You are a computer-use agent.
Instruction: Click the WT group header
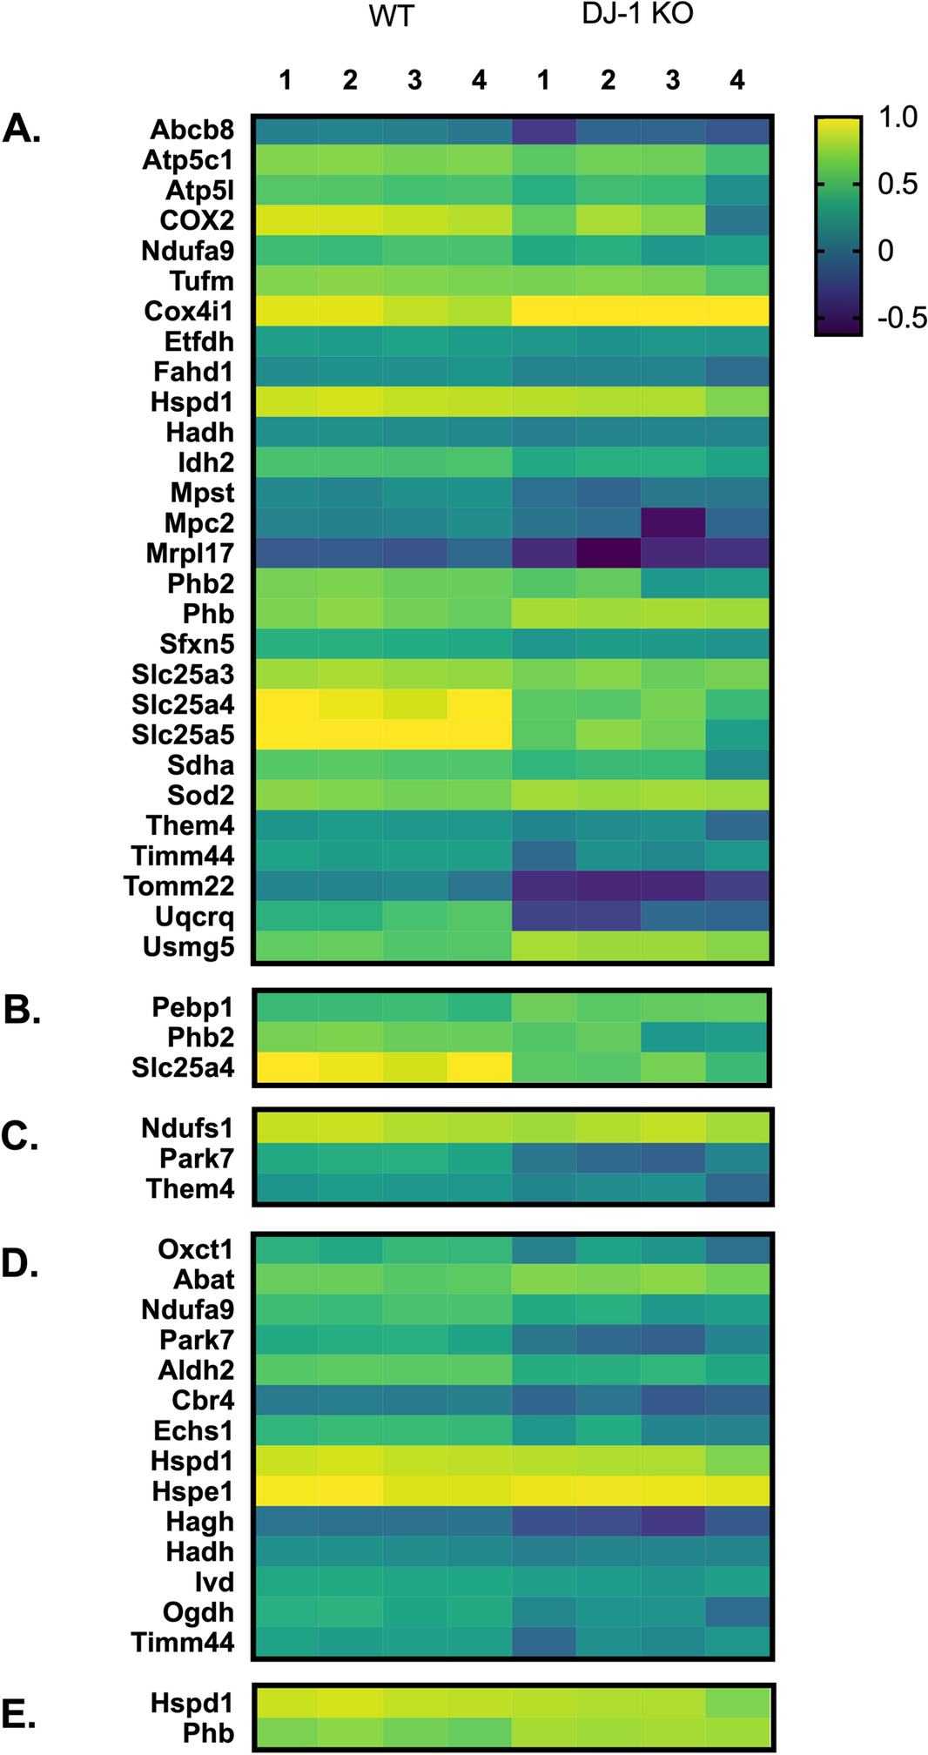(x=392, y=17)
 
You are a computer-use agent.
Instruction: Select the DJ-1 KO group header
(x=638, y=15)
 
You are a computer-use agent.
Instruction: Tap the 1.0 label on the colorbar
(x=898, y=118)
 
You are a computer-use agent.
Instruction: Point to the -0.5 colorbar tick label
(x=901, y=319)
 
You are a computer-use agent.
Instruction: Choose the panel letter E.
(x=19, y=1715)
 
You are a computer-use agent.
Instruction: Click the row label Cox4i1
(x=189, y=312)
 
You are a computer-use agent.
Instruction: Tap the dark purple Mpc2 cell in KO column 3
(x=673, y=523)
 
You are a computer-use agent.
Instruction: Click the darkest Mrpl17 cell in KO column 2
(x=609, y=554)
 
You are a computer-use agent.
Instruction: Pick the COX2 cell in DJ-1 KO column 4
(x=737, y=220)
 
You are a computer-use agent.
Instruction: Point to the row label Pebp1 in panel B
(x=192, y=1007)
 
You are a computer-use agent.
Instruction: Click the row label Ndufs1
(x=187, y=1128)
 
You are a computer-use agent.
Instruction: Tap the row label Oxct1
(x=195, y=1249)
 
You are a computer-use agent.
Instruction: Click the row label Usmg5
(x=188, y=947)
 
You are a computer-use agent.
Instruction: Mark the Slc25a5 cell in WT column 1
(x=286, y=735)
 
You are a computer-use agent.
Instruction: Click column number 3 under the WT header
(x=414, y=80)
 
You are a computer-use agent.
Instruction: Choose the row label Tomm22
(x=178, y=886)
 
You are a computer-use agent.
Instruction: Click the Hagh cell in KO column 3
(x=673, y=1522)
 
